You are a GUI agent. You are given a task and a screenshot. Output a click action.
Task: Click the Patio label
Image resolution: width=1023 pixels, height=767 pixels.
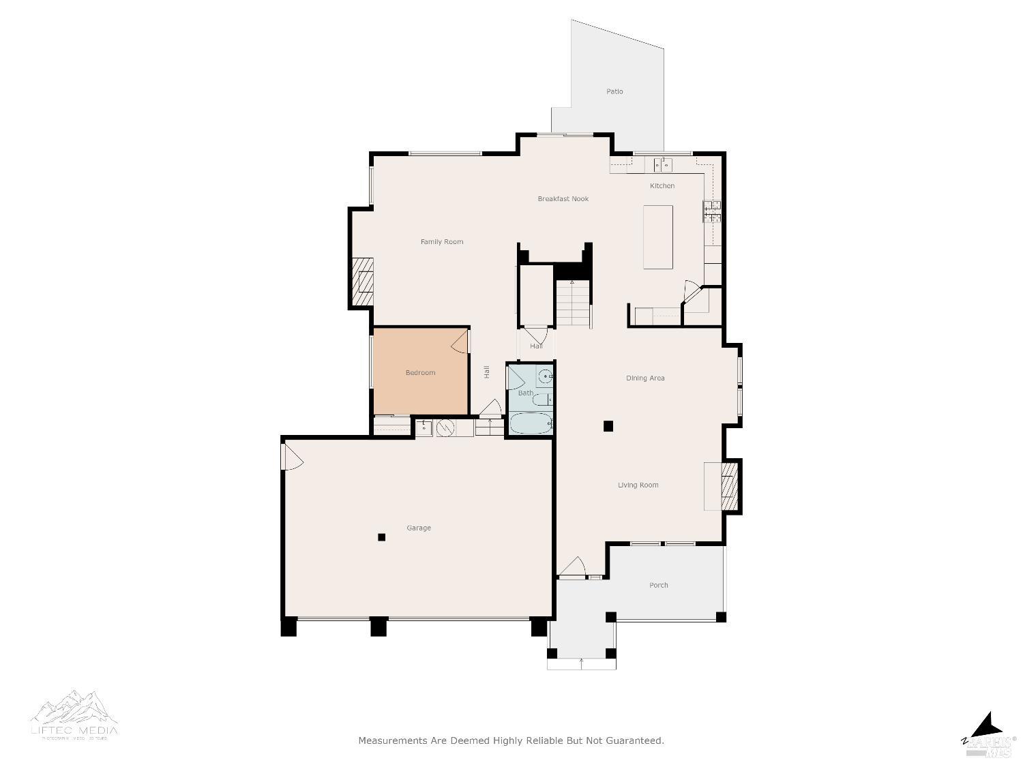tap(614, 91)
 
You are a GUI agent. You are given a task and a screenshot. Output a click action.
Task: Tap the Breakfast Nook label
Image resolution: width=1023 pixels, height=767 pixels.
tap(563, 199)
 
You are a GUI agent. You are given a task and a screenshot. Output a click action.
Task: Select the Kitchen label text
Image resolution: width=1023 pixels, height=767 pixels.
tap(662, 186)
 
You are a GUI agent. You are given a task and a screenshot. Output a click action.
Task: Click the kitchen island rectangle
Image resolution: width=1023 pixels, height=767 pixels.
tap(658, 237)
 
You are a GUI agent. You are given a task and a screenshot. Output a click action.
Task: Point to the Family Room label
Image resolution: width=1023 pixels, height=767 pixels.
tap(441, 242)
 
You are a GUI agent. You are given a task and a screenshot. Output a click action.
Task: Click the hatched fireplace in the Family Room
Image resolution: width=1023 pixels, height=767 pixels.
tap(363, 281)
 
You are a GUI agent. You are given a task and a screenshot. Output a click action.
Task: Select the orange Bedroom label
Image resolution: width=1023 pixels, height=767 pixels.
tap(420, 373)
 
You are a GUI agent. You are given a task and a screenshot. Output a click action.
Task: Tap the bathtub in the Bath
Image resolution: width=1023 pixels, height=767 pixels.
tap(531, 423)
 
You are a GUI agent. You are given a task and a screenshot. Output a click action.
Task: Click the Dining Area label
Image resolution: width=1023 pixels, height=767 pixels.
tap(645, 378)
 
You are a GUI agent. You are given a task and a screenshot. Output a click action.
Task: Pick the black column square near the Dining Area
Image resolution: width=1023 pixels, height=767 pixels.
tap(608, 427)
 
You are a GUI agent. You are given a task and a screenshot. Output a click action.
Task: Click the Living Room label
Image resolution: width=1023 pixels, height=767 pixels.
tap(638, 485)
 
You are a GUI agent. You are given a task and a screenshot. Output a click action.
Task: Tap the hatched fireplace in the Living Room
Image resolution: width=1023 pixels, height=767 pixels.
tap(729, 486)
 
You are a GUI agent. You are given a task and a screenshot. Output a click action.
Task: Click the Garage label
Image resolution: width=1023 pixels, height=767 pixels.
tap(419, 528)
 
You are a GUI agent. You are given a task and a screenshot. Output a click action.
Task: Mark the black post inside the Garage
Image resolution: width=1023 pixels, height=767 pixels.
tap(382, 537)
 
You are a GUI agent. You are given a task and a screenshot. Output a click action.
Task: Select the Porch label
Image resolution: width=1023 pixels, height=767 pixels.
tap(658, 586)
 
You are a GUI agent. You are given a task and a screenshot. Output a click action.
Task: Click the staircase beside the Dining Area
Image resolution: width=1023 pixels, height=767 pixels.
tap(572, 304)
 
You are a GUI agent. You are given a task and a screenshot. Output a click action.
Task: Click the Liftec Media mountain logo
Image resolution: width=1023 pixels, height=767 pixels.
tap(74, 709)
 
